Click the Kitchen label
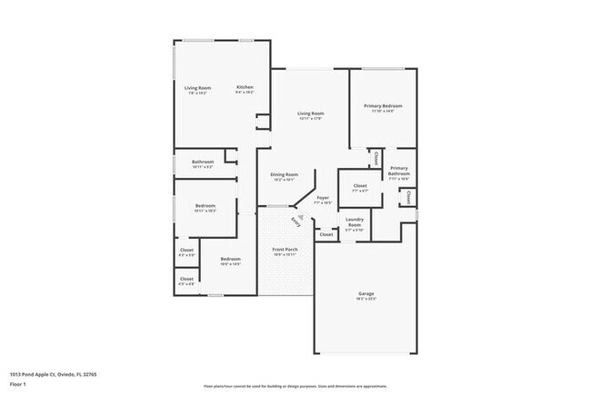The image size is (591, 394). click(245, 87)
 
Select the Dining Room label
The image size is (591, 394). click(285, 174)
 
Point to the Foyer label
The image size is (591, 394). click(322, 197)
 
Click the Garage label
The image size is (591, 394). click(366, 293)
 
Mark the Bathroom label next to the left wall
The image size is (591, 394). click(203, 162)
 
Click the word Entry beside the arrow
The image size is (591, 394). click(295, 222)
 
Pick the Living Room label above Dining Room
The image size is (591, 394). click(312, 114)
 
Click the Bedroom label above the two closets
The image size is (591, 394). click(205, 205)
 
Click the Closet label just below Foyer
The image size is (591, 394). click(326, 234)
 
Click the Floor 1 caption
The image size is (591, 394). click(17, 385)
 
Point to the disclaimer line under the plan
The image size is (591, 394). click(295, 385)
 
